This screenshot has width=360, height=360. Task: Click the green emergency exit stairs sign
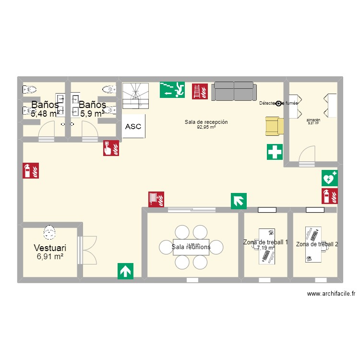[x=172, y=89]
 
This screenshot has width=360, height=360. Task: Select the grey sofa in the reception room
[x=234, y=91]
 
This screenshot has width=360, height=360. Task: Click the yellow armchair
[x=275, y=126]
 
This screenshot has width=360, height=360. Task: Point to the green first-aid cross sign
[x=275, y=152]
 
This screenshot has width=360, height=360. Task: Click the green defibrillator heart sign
[x=329, y=178]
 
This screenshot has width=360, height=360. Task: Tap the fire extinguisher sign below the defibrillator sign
[x=329, y=196]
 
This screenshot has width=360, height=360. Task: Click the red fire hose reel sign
[x=156, y=198]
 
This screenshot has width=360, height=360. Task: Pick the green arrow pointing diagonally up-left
[x=239, y=201]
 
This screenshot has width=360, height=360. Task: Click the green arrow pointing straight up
[x=126, y=271]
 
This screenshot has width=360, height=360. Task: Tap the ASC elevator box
[x=133, y=127]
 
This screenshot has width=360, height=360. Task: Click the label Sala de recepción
[x=206, y=122]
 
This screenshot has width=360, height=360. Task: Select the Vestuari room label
[x=50, y=248]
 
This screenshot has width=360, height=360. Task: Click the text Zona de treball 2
[x=317, y=244]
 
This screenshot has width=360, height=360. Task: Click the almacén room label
[x=313, y=120]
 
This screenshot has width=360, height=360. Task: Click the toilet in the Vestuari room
[x=48, y=233]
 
